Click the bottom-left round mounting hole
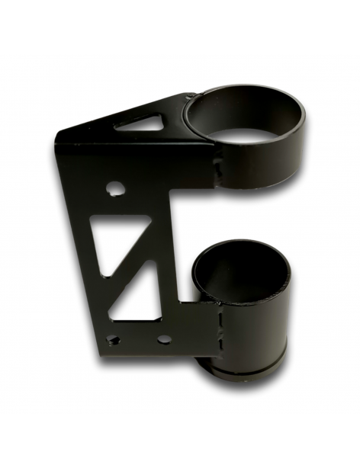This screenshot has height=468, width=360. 113,339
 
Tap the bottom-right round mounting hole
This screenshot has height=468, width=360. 163,338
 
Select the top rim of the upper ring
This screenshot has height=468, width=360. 244,92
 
